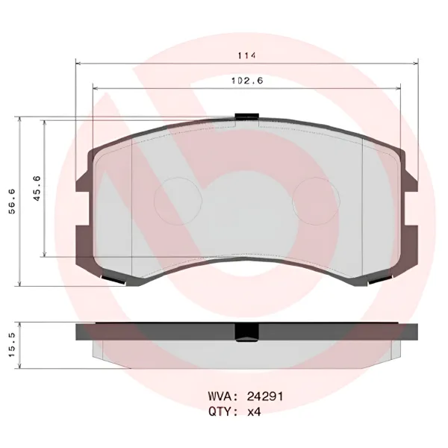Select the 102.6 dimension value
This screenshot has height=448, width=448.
click(246, 81)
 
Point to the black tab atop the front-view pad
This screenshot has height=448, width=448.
click(246, 116)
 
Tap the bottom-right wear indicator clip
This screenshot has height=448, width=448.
click(378, 280)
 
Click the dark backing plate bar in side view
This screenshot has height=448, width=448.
click(149, 332)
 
